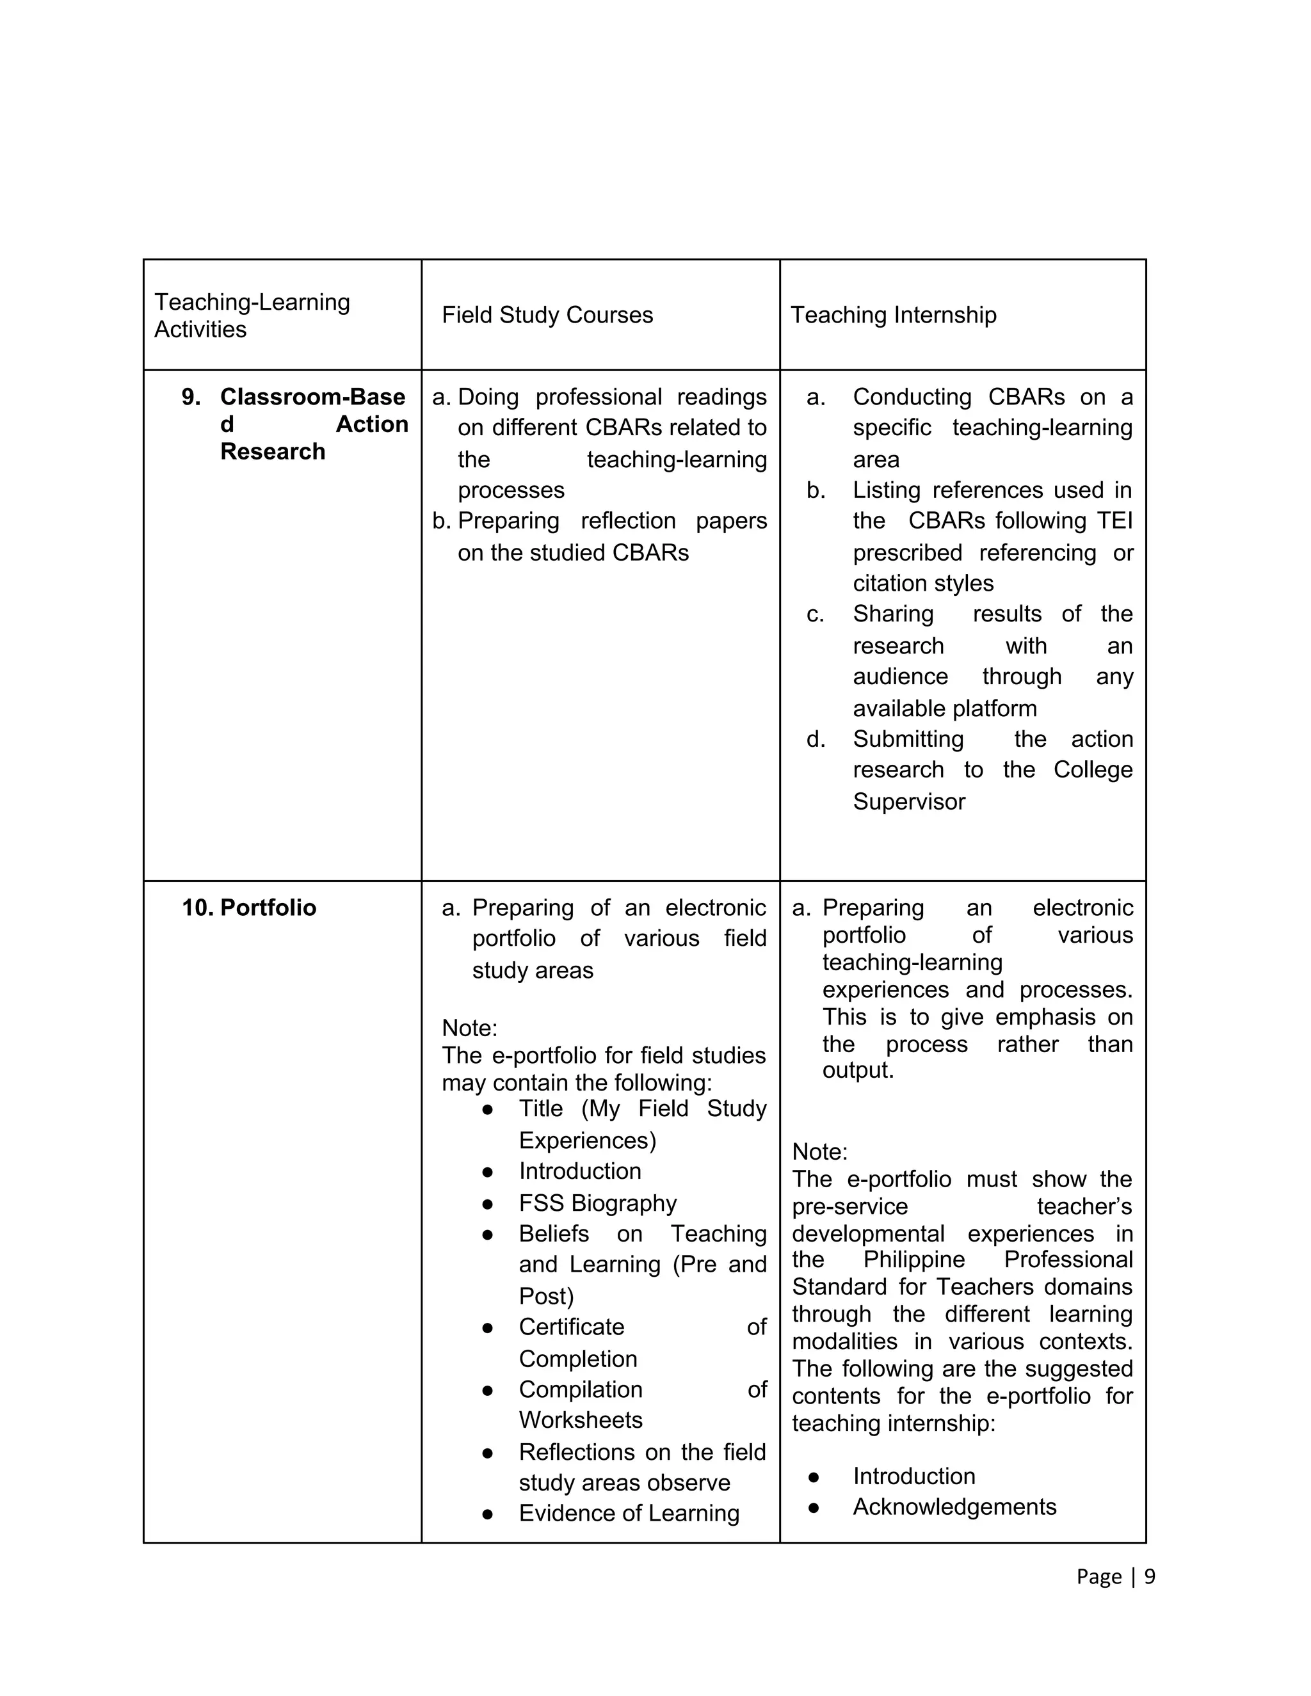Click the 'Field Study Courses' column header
coord(547,316)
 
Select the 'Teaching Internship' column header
coord(893,316)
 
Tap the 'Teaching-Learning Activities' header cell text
coord(252,316)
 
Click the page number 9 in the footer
coord(1150,1576)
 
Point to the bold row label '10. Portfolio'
coord(248,908)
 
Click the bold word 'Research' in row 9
coord(273,451)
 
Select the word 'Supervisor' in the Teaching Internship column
coord(909,801)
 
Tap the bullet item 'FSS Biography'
coord(597,1203)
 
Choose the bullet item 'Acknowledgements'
coord(954,1507)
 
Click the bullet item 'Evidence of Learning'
coord(629,1513)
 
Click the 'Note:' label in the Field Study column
coord(469,1028)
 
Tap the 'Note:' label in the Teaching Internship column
coord(819,1151)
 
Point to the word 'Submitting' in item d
coord(908,739)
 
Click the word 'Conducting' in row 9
coord(912,397)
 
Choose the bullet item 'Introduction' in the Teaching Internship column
coord(914,1476)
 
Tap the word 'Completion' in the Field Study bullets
coord(578,1359)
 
